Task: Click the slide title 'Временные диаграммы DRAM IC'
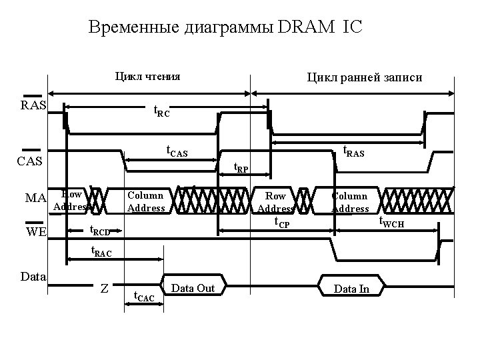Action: point(226,27)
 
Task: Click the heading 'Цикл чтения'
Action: point(148,76)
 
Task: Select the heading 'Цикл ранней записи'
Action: point(364,77)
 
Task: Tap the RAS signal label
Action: point(33,105)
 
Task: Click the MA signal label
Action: point(35,198)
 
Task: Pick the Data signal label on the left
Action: point(33,275)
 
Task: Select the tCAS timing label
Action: point(177,153)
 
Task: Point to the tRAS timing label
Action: point(353,153)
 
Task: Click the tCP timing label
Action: point(282,223)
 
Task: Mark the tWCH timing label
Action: point(391,223)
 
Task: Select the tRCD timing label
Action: point(99,231)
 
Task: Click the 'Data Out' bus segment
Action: point(193,288)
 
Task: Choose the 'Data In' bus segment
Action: point(351,289)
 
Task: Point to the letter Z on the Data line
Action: point(104,288)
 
